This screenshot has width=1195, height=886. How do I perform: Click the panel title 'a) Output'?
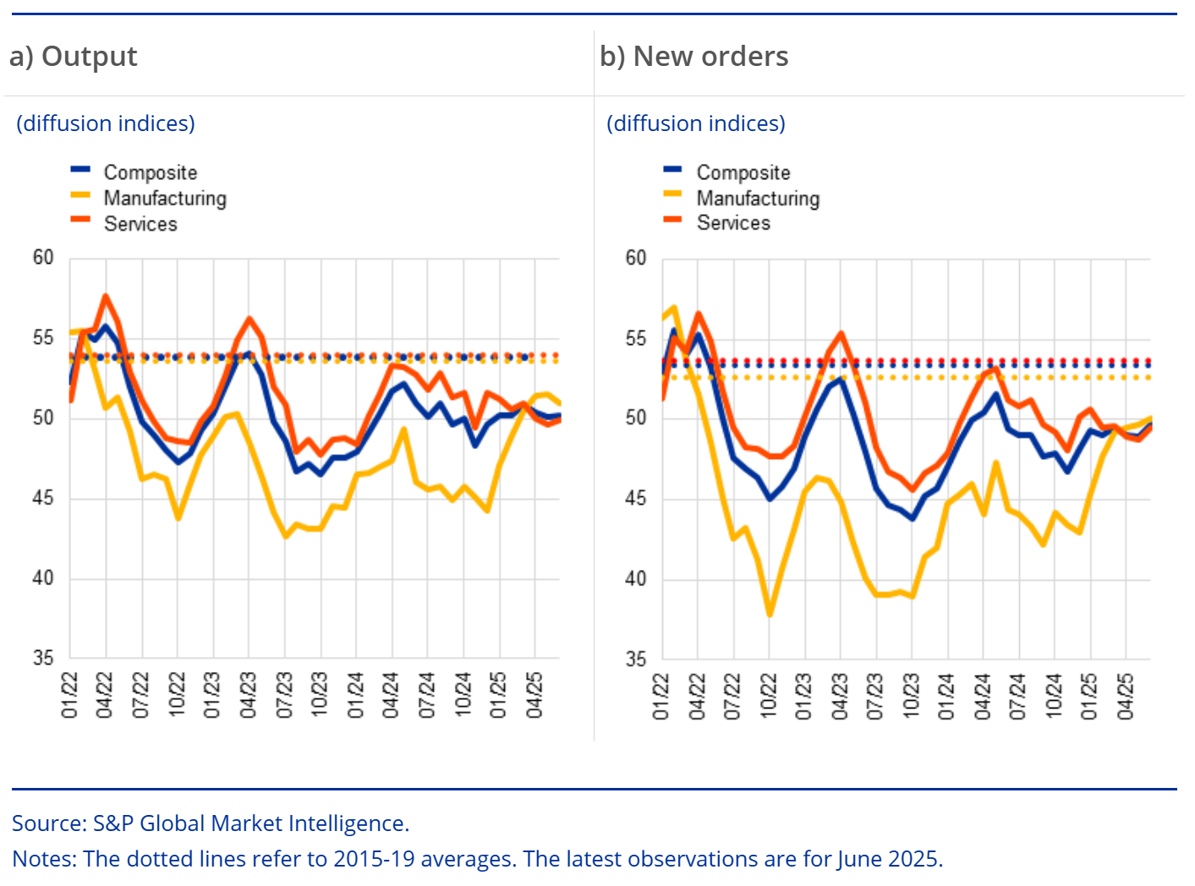pyautogui.click(x=73, y=57)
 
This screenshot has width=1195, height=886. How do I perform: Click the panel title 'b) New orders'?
pyautogui.click(x=693, y=57)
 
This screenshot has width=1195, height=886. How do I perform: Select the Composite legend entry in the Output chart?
pyautogui.click(x=150, y=172)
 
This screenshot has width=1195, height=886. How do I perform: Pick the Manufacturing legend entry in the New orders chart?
pyautogui.click(x=758, y=199)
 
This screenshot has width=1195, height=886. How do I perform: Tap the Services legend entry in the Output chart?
pyautogui.click(x=140, y=224)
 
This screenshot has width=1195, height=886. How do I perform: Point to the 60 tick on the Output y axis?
pyautogui.click(x=43, y=258)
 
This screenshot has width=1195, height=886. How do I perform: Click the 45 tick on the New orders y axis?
pyautogui.click(x=636, y=499)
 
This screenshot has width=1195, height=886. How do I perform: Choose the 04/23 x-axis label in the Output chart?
pyautogui.click(x=248, y=695)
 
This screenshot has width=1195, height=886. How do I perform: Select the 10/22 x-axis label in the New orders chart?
pyautogui.click(x=769, y=695)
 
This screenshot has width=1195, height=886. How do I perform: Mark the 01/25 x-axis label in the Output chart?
pyautogui.click(x=498, y=695)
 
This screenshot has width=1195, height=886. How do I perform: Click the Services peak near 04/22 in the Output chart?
pyautogui.click(x=106, y=296)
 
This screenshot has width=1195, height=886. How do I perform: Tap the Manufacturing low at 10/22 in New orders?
pyautogui.click(x=770, y=615)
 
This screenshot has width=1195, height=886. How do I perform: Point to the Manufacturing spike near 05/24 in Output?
pyautogui.click(x=403, y=429)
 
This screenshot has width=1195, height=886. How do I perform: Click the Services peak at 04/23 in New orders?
pyautogui.click(x=841, y=333)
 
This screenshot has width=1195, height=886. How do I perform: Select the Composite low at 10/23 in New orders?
pyautogui.click(x=913, y=518)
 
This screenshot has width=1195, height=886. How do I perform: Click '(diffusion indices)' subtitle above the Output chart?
pyautogui.click(x=106, y=123)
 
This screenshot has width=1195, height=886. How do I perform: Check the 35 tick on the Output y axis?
pyautogui.click(x=43, y=658)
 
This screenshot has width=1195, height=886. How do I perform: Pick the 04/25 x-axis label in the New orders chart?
pyautogui.click(x=1125, y=695)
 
